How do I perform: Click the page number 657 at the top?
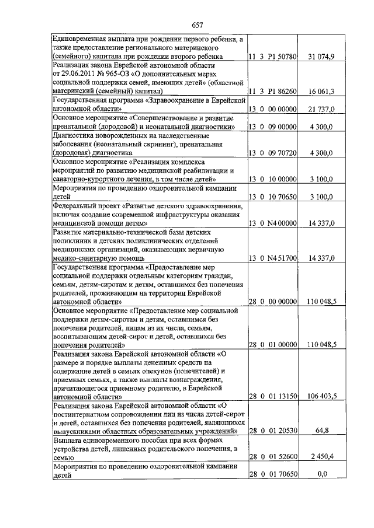pyautogui.click(x=197, y=25)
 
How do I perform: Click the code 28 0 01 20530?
pyautogui.click(x=273, y=431)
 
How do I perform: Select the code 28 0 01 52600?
pyautogui.click(x=273, y=457)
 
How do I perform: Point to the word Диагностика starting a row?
pyautogui.click(x=74, y=136)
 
